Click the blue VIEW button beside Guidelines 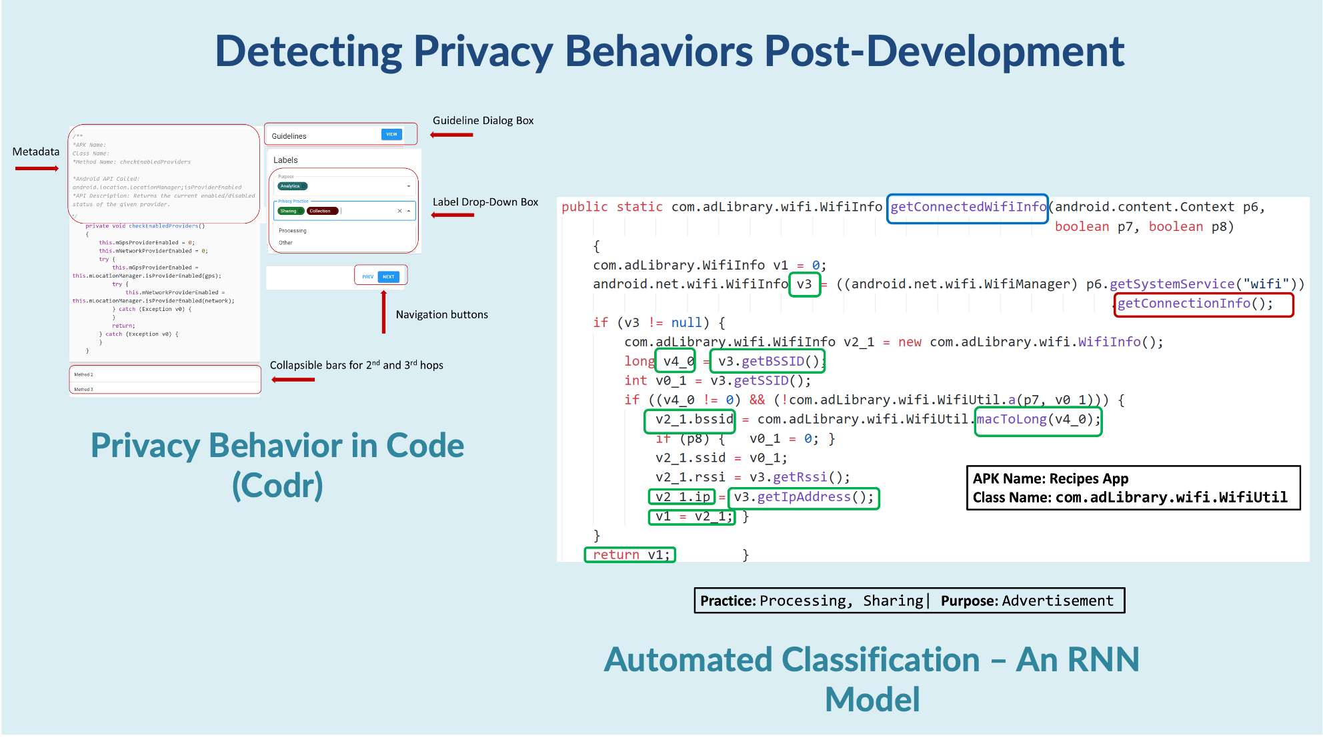click(x=391, y=134)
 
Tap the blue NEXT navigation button click(x=389, y=276)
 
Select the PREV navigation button click(x=367, y=276)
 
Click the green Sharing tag click(x=289, y=211)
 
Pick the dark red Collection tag click(x=321, y=211)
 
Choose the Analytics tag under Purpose click(x=291, y=186)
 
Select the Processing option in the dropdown click(x=293, y=231)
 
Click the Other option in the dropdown click(x=285, y=243)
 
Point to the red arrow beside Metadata click(x=37, y=168)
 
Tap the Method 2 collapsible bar click(x=165, y=374)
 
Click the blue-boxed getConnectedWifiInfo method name click(x=968, y=208)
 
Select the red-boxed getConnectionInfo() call click(x=1195, y=304)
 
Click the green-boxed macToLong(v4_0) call click(x=1038, y=420)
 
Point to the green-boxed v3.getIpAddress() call click(x=803, y=497)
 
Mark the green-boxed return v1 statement click(x=630, y=554)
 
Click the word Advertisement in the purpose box click(x=1057, y=601)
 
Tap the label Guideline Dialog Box click(x=483, y=121)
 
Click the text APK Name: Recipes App click(x=1050, y=478)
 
